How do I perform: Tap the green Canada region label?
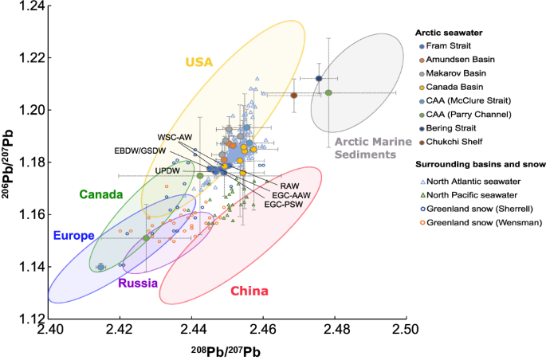click(100, 194)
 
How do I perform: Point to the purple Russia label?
click(138, 283)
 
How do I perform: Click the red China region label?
click(249, 291)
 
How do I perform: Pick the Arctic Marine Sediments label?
click(367, 148)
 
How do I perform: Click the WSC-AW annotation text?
click(175, 138)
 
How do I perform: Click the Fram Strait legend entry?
click(450, 46)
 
